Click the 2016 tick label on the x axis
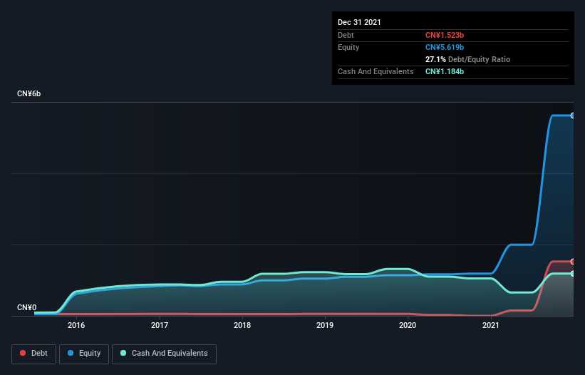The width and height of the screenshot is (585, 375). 76,326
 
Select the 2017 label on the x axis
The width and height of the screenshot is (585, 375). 160,326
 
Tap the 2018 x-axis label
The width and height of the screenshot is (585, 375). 242,326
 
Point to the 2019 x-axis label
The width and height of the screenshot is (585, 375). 325,326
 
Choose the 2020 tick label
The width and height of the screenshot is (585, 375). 408,326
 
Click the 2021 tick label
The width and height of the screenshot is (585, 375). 490,326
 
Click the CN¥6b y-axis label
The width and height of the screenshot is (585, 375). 29,94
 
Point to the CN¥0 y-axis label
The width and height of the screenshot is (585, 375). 27,308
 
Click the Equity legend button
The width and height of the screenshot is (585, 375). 84,354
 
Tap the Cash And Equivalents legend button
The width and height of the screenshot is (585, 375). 164,354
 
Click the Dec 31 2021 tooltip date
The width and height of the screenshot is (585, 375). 359,22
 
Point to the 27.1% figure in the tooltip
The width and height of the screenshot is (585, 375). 435,59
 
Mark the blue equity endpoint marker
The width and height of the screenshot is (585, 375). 572,115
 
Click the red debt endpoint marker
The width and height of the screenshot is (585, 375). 572,262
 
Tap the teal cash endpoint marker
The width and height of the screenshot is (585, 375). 572,274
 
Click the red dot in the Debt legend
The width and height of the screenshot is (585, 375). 24,354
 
